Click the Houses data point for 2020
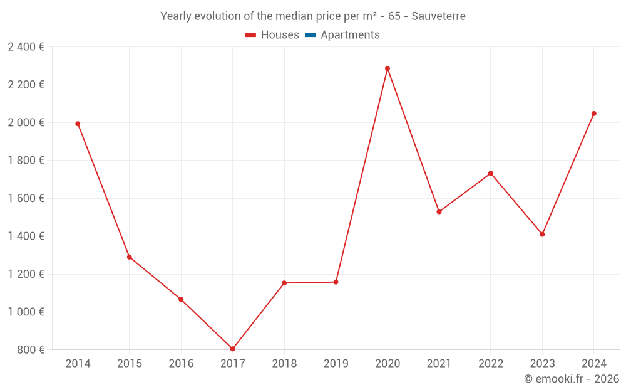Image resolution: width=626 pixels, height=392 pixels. pos(387,68)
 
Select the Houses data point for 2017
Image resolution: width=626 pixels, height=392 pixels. pos(232,349)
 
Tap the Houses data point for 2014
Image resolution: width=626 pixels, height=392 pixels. pos(78,124)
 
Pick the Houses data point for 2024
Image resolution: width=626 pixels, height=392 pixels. pos(593,114)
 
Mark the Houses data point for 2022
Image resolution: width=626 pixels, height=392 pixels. pos(491,173)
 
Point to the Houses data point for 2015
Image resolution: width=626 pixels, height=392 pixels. pos(130,257)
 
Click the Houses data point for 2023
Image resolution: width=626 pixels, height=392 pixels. pos(542,234)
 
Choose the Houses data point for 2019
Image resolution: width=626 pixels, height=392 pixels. pos(336,282)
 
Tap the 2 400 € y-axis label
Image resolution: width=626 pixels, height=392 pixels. pos(26,47)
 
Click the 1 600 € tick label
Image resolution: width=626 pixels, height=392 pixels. pos(26,198)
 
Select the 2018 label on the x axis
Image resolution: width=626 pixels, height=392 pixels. pos(284,364)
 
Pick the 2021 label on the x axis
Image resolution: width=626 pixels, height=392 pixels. pos(439,364)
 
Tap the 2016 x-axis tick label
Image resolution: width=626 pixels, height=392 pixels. pos(181,364)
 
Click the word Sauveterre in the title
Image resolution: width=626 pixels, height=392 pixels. pos(438,16)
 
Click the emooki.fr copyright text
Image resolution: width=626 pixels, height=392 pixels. pos(571,379)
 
